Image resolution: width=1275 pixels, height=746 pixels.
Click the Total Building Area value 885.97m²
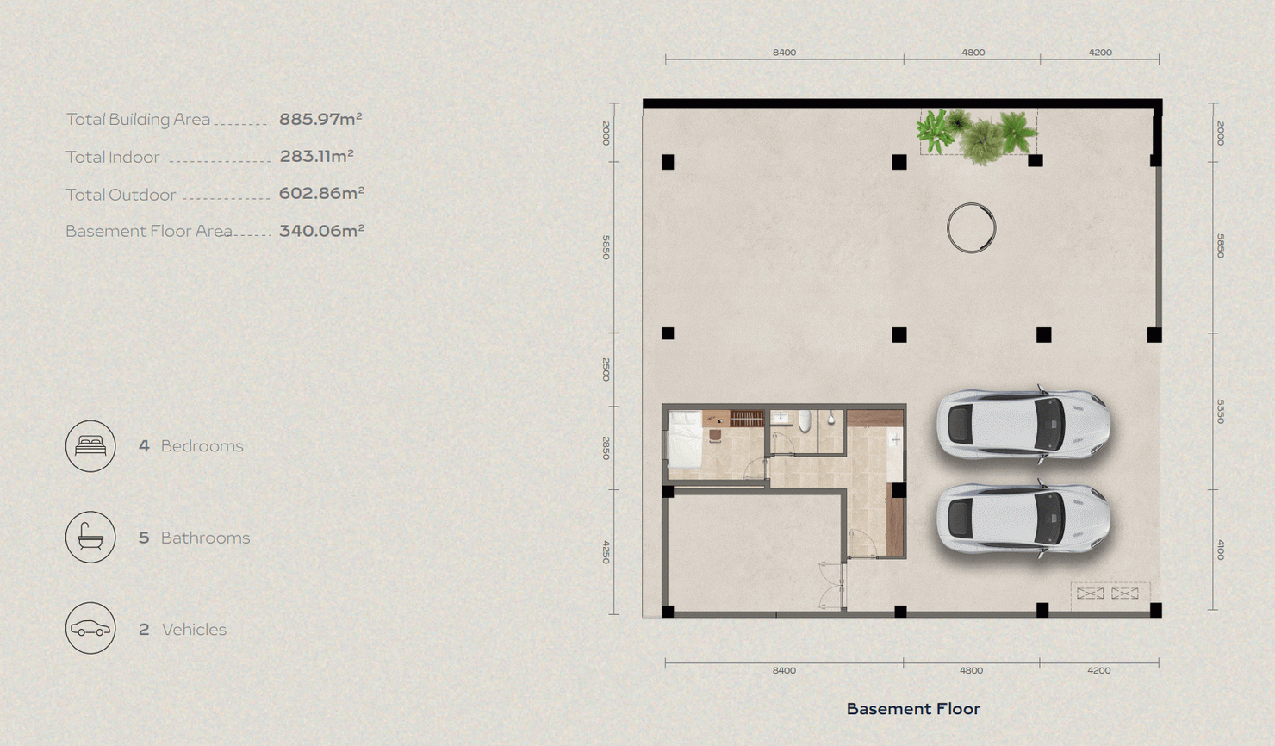point(320,119)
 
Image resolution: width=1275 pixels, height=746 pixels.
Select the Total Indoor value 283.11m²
point(316,156)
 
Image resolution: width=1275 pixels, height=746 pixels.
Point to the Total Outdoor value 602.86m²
point(321,194)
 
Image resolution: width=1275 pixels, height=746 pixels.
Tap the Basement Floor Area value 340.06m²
point(321,231)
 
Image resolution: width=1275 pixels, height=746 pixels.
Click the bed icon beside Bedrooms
point(90,445)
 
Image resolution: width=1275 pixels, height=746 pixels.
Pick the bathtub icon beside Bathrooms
point(90,538)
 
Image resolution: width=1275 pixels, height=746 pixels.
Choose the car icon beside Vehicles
point(90,628)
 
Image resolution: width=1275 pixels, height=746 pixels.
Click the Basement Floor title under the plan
point(913,709)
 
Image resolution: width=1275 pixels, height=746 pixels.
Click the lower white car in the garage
point(1023,519)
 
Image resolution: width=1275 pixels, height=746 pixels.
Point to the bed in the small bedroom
point(685,440)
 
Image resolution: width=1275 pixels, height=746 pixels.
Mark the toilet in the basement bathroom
point(805,421)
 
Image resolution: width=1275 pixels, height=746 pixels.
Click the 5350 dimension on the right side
point(1220,411)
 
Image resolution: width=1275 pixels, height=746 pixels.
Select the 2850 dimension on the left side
point(606,448)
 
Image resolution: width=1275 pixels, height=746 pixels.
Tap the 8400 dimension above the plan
point(784,53)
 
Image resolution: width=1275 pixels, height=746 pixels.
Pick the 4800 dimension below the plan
point(971,670)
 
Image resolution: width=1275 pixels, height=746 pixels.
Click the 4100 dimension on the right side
point(1220,550)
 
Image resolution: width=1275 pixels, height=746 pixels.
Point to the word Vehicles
point(194,630)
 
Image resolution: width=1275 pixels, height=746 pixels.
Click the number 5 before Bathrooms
point(144,538)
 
